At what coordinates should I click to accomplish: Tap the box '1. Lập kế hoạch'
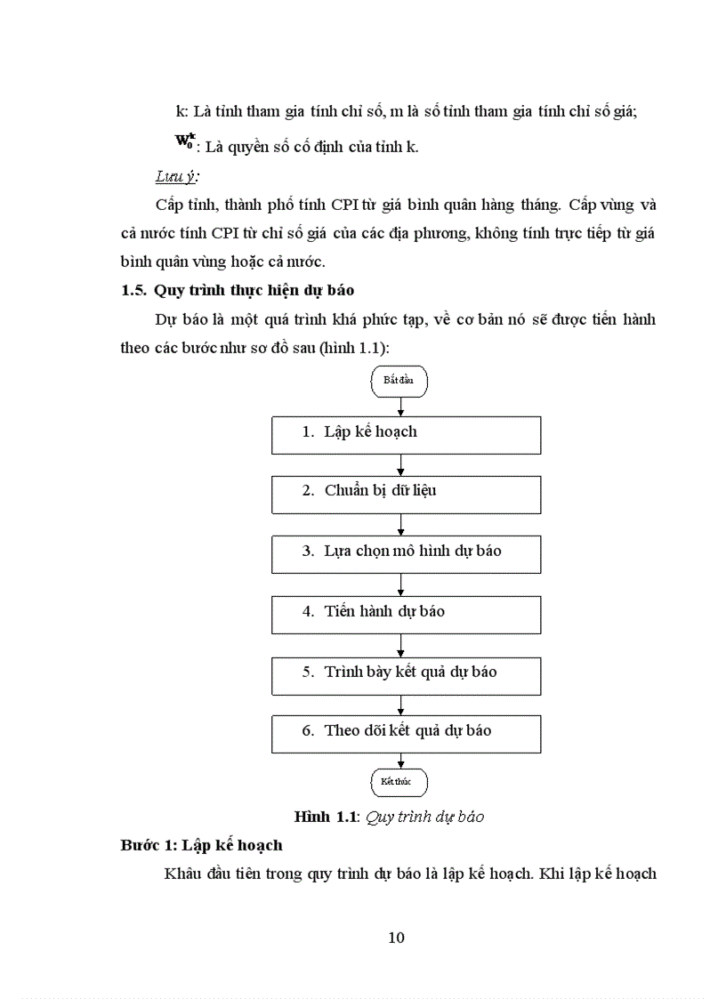pyautogui.click(x=406, y=433)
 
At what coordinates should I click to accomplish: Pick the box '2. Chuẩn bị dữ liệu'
pyautogui.click(x=406, y=494)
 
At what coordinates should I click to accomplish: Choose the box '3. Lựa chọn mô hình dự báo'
pyautogui.click(x=406, y=553)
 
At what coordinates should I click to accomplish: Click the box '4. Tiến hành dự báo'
pyautogui.click(x=406, y=614)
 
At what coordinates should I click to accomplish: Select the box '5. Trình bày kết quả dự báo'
pyautogui.click(x=406, y=674)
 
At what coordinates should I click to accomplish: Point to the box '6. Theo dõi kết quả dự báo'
pyautogui.click(x=406, y=733)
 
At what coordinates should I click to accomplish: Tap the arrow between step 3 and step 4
pyautogui.click(x=401, y=584)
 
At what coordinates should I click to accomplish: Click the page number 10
pyautogui.click(x=397, y=937)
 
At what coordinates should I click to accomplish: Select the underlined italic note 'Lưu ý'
pyautogui.click(x=176, y=175)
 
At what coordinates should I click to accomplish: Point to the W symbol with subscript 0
pyautogui.click(x=184, y=141)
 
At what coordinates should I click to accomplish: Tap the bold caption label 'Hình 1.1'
pyautogui.click(x=326, y=816)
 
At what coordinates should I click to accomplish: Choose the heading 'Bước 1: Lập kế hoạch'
pyautogui.click(x=201, y=845)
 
